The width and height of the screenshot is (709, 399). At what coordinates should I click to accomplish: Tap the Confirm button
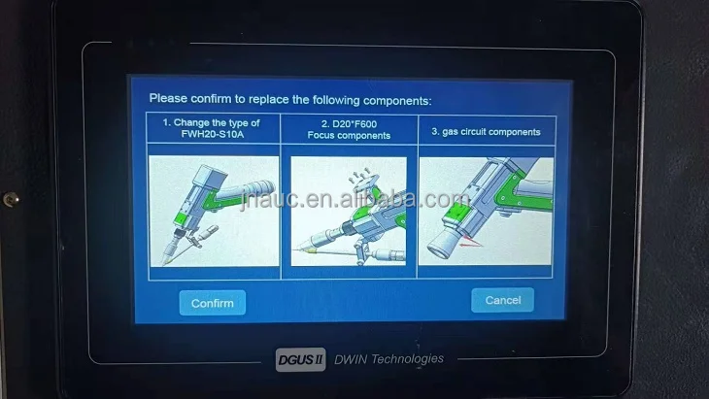pyautogui.click(x=212, y=303)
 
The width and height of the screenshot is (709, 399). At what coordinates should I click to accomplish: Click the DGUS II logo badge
pyautogui.click(x=302, y=359)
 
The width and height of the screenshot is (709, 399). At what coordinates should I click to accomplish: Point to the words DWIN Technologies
pyautogui.click(x=388, y=358)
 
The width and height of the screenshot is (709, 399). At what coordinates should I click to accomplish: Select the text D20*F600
pyautogui.click(x=349, y=123)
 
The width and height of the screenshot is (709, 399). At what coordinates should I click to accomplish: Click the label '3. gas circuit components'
pyautogui.click(x=485, y=131)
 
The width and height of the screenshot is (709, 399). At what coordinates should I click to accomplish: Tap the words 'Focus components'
pyautogui.click(x=349, y=136)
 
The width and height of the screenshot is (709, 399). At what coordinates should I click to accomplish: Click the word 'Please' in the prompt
pyautogui.click(x=167, y=99)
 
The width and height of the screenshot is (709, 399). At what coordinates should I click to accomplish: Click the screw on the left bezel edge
pyautogui.click(x=10, y=198)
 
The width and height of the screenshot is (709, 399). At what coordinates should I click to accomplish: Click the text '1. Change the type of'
pyautogui.click(x=211, y=123)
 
